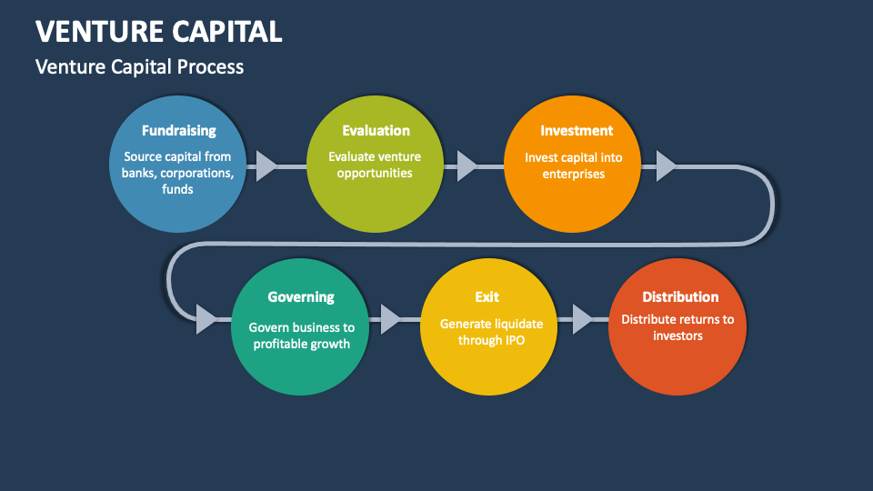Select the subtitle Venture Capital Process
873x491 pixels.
pos(139,66)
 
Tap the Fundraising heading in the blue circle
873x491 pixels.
pos(178,131)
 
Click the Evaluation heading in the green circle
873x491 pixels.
pos(376,131)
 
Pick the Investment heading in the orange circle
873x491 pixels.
pos(577,131)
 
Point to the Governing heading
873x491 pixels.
pos(301,297)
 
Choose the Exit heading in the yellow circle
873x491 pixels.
pos(487,297)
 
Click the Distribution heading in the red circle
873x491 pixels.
pos(680,297)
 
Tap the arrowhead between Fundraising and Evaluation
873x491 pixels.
pos(266,166)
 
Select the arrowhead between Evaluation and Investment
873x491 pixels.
pos(466,166)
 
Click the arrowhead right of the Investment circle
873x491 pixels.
pos(666,166)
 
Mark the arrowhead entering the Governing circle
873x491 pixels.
pos(206,319)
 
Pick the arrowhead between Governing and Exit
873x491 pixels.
pos(390,319)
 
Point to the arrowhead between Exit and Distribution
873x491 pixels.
pos(581,319)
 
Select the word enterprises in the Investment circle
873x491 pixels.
pos(574,174)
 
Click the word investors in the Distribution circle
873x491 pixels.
pos(678,336)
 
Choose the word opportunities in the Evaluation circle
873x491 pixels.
pos(375,173)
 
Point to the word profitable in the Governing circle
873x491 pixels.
pos(282,344)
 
